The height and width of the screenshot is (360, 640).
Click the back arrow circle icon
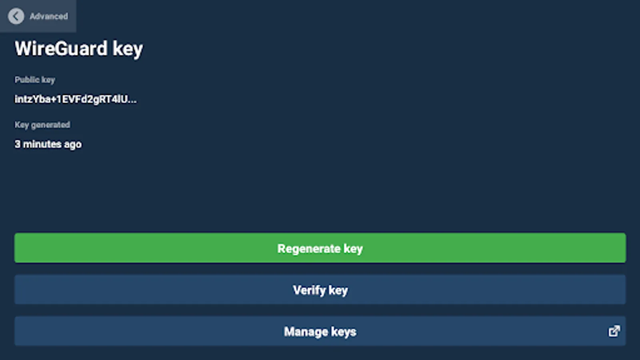(16, 16)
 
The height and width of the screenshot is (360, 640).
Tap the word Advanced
(48, 16)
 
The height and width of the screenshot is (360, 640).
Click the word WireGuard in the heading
(61, 49)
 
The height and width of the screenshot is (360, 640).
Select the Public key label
(35, 80)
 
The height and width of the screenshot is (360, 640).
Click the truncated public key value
(75, 99)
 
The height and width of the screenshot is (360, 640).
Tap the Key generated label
(42, 125)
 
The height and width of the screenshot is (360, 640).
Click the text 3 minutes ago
(48, 144)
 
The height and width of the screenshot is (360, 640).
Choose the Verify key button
(320, 290)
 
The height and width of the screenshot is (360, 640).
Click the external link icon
(614, 331)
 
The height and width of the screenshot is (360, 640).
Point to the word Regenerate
(309, 249)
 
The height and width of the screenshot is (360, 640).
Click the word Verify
(309, 290)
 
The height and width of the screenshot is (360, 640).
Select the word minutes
(42, 144)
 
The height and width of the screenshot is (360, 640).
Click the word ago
(73, 145)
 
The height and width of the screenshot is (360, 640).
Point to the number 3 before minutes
(18, 144)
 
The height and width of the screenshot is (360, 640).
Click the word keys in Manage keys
(344, 332)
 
